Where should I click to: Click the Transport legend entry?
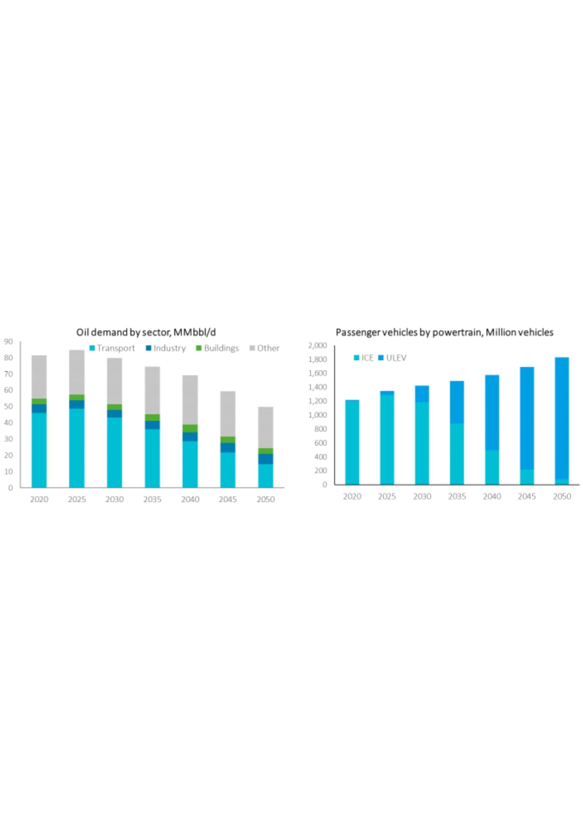coord(112,348)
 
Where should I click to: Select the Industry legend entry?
coord(166,348)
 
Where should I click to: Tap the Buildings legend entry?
coord(217,348)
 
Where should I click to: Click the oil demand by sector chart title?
coord(146,332)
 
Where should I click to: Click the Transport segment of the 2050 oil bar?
coord(266,476)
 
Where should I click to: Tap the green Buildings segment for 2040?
coord(190,428)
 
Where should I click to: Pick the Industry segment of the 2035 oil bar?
coord(152,425)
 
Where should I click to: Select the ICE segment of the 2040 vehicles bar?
coord(492,467)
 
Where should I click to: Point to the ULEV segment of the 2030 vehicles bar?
coord(422,394)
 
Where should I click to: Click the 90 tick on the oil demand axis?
coord(8,341)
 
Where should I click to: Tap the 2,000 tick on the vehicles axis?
coord(317,346)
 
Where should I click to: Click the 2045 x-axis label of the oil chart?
coord(228,499)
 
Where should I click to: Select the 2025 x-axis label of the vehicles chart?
coord(387,497)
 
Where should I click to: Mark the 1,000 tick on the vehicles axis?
coord(317,415)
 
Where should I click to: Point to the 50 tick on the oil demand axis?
coord(8,407)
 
